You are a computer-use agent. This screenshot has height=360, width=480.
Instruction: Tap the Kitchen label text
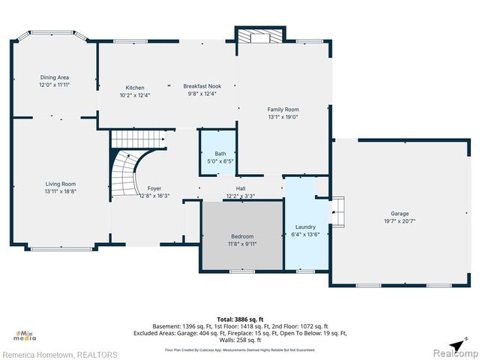click(x=135, y=88)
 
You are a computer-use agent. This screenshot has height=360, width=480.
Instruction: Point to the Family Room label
click(x=283, y=109)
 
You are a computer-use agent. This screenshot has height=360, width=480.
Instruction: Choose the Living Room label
click(x=61, y=184)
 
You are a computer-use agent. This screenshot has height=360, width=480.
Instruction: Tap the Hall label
click(x=240, y=189)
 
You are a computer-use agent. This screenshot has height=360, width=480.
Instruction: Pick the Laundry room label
click(x=305, y=226)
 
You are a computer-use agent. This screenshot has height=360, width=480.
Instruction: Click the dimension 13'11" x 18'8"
click(x=61, y=191)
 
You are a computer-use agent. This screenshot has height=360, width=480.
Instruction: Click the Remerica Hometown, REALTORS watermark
click(x=60, y=354)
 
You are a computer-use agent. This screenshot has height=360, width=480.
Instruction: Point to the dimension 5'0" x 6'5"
click(x=220, y=161)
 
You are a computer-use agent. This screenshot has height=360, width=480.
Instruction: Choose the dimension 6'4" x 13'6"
click(x=305, y=234)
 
